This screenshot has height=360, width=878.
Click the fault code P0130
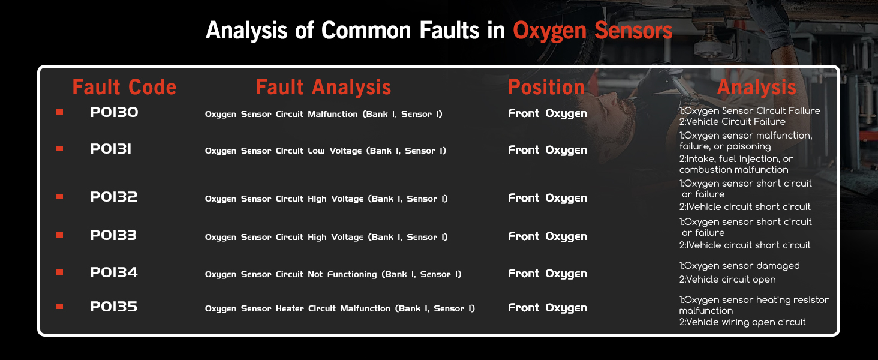[114, 112]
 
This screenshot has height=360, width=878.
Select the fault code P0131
[110, 149]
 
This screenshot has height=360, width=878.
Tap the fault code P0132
[114, 196]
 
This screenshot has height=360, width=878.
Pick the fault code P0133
[113, 235]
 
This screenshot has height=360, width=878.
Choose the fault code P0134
[114, 272]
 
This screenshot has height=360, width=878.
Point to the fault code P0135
[114, 306]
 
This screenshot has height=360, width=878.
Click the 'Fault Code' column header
[124, 86]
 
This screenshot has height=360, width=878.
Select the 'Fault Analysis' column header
[323, 86]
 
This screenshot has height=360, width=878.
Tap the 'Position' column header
[546, 86]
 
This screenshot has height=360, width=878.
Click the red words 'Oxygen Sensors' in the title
[593, 31]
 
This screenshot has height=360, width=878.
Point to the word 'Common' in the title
[366, 30]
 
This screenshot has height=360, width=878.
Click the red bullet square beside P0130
[59, 112]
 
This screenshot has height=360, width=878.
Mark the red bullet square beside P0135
[59, 306]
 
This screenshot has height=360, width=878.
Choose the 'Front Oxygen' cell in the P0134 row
[548, 274]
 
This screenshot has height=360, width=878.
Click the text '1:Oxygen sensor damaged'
[739, 266]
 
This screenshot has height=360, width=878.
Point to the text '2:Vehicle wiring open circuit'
[742, 322]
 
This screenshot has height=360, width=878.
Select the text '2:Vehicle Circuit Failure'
[732, 122]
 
